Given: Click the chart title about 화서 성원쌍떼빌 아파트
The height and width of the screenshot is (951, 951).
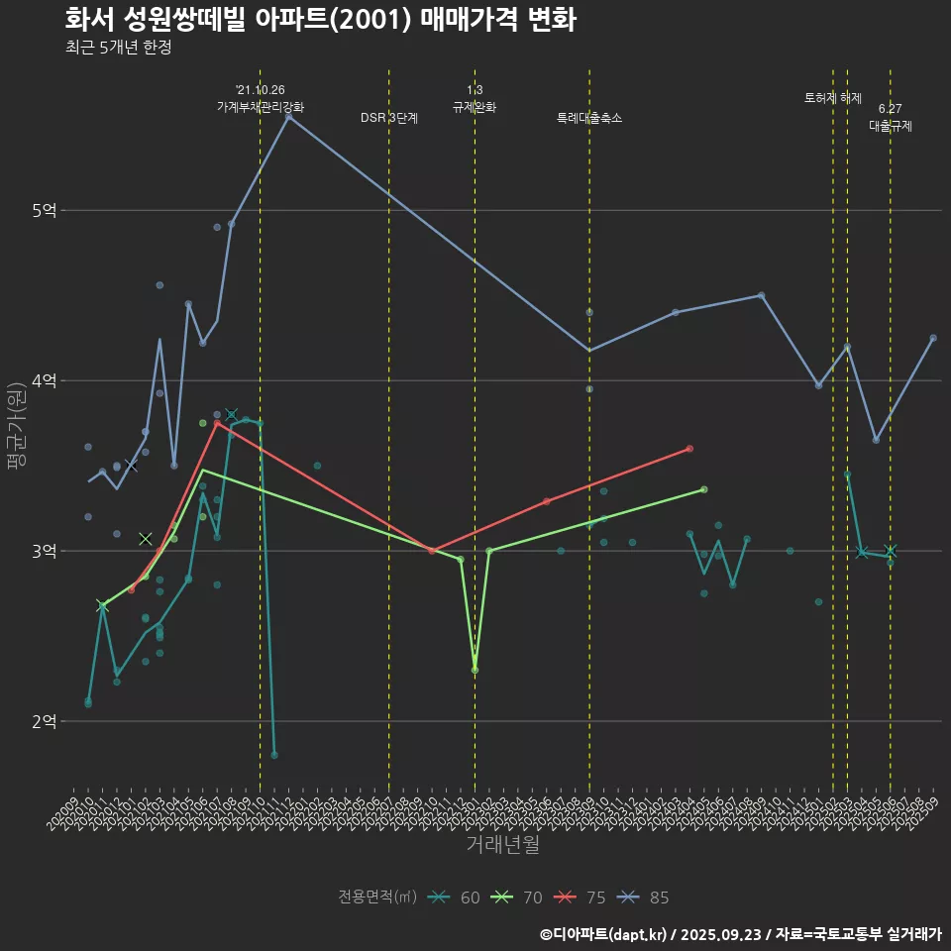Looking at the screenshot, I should [320, 20].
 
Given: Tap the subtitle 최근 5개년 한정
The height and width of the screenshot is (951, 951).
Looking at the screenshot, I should [118, 48].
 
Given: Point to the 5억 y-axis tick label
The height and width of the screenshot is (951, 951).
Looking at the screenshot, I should [45, 210].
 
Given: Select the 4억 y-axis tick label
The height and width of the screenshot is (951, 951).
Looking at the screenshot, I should [45, 380].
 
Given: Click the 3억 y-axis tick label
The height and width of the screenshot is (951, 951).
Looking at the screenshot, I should [45, 551].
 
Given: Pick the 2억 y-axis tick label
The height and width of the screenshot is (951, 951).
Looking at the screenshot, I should [45, 721].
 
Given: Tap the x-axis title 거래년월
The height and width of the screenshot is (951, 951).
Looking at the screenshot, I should [503, 844].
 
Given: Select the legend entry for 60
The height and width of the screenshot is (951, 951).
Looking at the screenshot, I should [455, 898].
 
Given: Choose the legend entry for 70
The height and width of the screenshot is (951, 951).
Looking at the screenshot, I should [517, 898].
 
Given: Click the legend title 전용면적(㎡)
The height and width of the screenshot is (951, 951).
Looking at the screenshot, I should [375, 898].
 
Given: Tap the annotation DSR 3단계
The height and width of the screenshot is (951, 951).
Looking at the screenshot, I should [389, 118].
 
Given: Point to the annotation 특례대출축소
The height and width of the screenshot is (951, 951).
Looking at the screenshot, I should [589, 118].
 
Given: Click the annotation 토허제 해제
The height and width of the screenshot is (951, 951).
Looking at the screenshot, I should [833, 98].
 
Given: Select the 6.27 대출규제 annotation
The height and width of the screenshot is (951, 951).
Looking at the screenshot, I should [890, 117].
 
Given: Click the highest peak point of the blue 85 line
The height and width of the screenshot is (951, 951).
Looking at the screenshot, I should [288, 116].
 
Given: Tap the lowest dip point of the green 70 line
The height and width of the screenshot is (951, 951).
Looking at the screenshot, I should [475, 670].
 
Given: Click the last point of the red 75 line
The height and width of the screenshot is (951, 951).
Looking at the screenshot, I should [689, 449].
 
